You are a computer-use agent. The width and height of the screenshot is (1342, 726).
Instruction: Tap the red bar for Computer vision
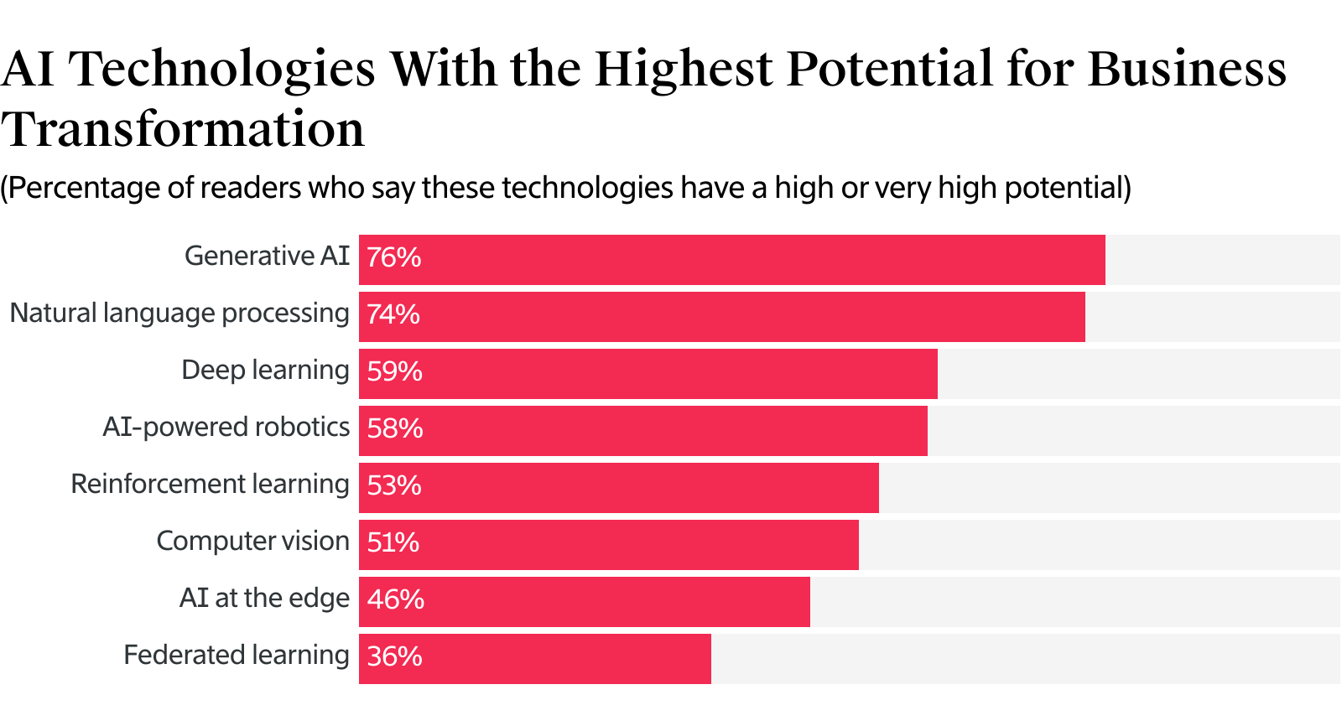(x=609, y=545)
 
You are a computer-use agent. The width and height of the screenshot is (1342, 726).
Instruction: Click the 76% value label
(x=394, y=257)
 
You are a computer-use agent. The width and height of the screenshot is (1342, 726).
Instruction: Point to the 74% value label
(x=393, y=314)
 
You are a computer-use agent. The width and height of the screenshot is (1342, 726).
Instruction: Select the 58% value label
(x=395, y=428)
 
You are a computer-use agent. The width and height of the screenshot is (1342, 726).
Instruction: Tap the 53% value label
(x=394, y=485)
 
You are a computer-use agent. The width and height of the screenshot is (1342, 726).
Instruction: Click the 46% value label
(x=396, y=599)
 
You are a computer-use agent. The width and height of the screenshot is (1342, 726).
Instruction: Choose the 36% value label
(x=395, y=656)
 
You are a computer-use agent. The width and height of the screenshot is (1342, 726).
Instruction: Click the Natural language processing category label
(x=179, y=314)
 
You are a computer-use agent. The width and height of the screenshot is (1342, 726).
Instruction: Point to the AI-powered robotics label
(x=226, y=428)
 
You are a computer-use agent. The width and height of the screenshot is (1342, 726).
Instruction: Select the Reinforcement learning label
(x=210, y=485)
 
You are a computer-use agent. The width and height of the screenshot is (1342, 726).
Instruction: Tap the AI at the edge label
(x=264, y=599)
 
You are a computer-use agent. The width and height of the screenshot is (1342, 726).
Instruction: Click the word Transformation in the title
(x=183, y=130)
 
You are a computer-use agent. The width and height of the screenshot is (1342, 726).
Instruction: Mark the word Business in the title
(x=1187, y=69)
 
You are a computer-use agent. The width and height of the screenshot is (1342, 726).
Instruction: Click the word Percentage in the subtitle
(x=83, y=188)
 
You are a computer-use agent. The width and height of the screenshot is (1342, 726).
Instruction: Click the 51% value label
(x=393, y=542)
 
